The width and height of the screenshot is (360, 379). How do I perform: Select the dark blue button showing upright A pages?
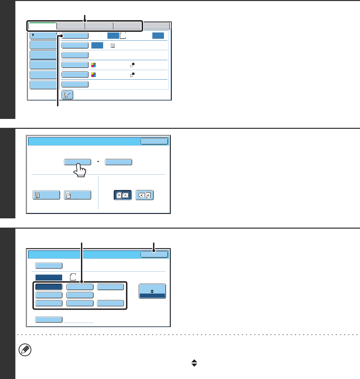[123, 195]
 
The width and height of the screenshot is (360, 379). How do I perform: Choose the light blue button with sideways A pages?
[144, 195]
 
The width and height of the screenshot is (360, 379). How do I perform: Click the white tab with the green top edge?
[42, 26]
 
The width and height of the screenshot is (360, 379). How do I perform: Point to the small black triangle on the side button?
[33, 35]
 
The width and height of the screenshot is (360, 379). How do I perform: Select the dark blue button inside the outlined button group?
[49, 287]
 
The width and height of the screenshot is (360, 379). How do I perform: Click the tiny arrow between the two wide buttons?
[98, 162]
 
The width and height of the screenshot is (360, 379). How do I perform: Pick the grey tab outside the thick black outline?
[156, 26]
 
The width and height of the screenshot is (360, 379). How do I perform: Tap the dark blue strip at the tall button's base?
[152, 296]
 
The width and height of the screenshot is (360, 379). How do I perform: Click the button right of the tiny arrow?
[119, 162]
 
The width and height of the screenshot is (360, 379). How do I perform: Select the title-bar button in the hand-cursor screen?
[154, 141]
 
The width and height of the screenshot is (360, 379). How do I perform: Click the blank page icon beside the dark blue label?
[72, 277]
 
